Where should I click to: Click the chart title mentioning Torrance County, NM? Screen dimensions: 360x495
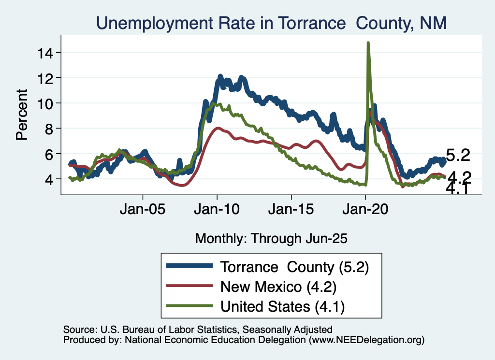coord(271,23)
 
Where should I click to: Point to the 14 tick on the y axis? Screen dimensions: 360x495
coord(46,52)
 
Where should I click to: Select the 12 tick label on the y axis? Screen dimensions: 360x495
coord(46,78)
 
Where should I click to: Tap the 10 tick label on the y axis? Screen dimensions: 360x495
coord(46,103)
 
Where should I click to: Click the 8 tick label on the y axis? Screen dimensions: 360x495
coord(50,129)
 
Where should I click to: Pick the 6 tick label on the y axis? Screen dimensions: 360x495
coord(50,154)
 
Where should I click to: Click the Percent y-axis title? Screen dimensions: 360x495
coord(22,115)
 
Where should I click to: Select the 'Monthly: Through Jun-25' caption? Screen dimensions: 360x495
coord(271,238)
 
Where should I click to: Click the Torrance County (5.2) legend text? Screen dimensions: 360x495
coord(294,266)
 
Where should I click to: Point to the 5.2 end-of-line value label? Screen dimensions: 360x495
coord(458,156)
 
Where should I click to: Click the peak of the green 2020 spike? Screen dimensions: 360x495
coord(368,43)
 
